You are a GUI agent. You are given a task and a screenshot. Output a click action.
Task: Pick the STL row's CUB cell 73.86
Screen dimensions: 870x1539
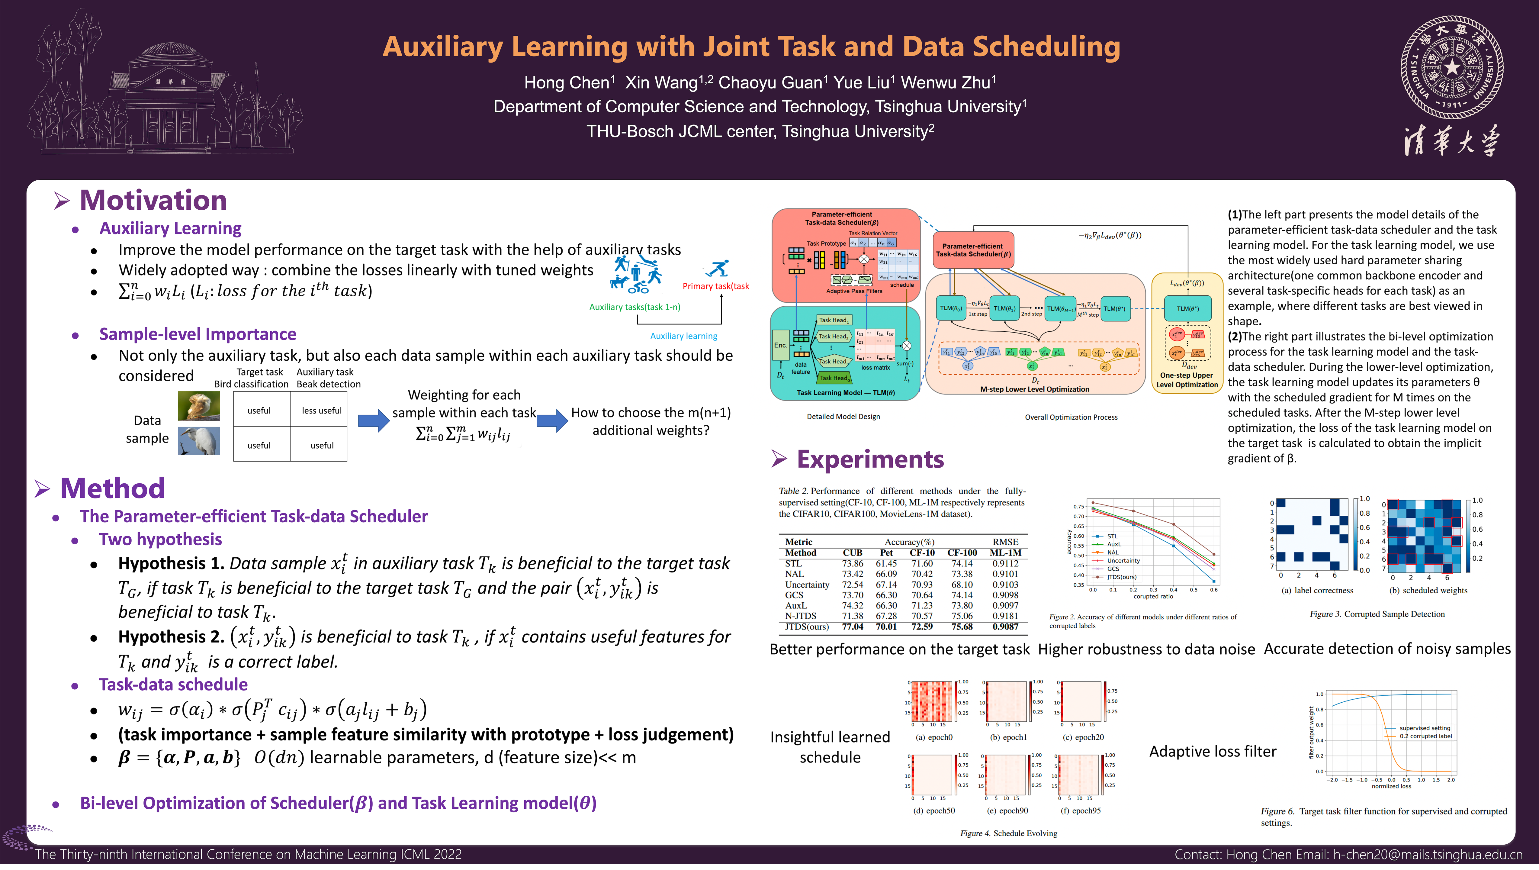[x=853, y=563]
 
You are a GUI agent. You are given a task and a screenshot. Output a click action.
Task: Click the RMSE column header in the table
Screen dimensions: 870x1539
[x=1005, y=542]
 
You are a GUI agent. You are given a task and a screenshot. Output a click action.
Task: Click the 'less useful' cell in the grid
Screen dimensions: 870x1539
[x=321, y=411]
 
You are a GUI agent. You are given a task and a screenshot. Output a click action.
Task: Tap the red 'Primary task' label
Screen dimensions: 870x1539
[x=715, y=286]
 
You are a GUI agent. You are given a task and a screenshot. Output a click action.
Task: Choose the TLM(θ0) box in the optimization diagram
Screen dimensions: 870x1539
[x=950, y=308]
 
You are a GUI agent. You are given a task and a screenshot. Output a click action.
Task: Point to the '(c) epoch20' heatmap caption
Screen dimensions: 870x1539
[x=1083, y=737]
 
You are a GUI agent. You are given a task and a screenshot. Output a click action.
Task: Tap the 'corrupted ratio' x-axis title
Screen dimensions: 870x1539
[x=1153, y=596]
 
